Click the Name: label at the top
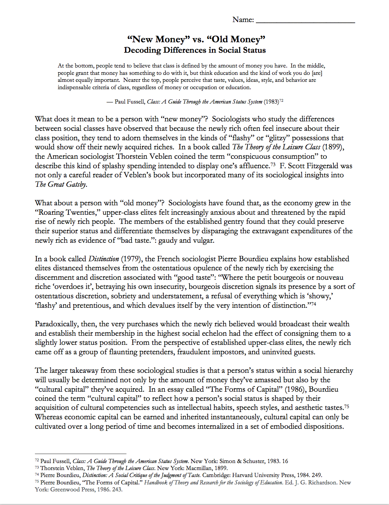click(243, 20)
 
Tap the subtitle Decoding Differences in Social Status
click(194, 50)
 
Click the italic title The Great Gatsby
click(61, 184)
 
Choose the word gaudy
click(168, 240)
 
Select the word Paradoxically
click(57, 324)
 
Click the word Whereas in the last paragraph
click(49, 417)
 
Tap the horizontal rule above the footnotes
click(80, 454)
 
